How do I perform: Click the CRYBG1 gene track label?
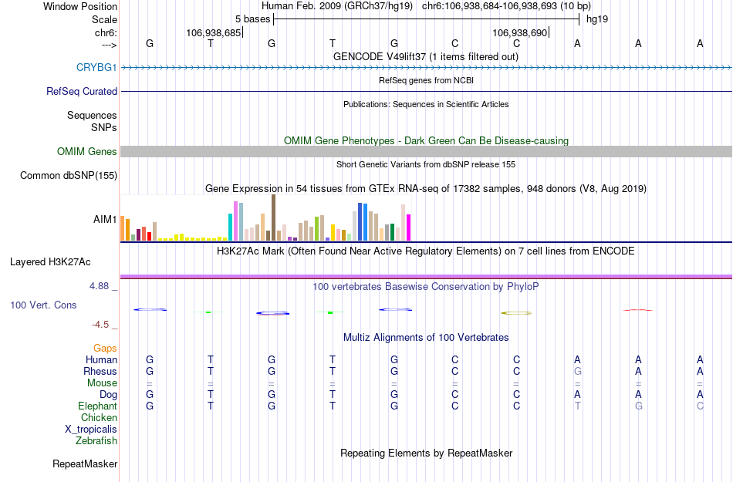[96, 68]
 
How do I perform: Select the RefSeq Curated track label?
[82, 92]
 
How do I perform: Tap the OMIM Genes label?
[87, 152]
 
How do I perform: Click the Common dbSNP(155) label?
[68, 176]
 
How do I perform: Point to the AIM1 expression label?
[105, 219]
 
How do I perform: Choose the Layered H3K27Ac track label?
[63, 261]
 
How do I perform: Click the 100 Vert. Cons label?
[43, 305]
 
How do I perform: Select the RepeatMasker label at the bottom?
[85, 464]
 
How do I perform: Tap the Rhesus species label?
[100, 372]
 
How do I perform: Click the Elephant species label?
[97, 406]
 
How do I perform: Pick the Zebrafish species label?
[96, 441]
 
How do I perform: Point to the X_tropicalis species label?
[91, 430]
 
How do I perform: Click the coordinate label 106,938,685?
[213, 33]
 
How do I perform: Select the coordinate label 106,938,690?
[519, 33]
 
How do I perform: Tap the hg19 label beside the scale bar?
[597, 19]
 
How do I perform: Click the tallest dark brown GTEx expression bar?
[273, 217]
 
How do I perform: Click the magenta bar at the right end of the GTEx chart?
[408, 228]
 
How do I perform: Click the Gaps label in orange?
[105, 349]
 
